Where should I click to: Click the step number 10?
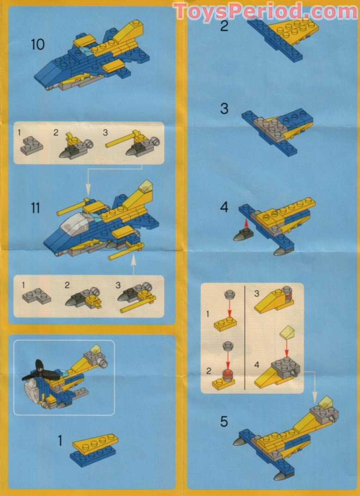click(38, 45)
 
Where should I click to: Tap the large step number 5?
click(224, 422)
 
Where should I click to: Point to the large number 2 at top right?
click(224, 26)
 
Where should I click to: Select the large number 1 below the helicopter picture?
click(60, 441)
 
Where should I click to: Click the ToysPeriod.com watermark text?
click(265, 11)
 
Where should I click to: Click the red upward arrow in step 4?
click(247, 224)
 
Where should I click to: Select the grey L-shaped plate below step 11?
click(37, 295)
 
